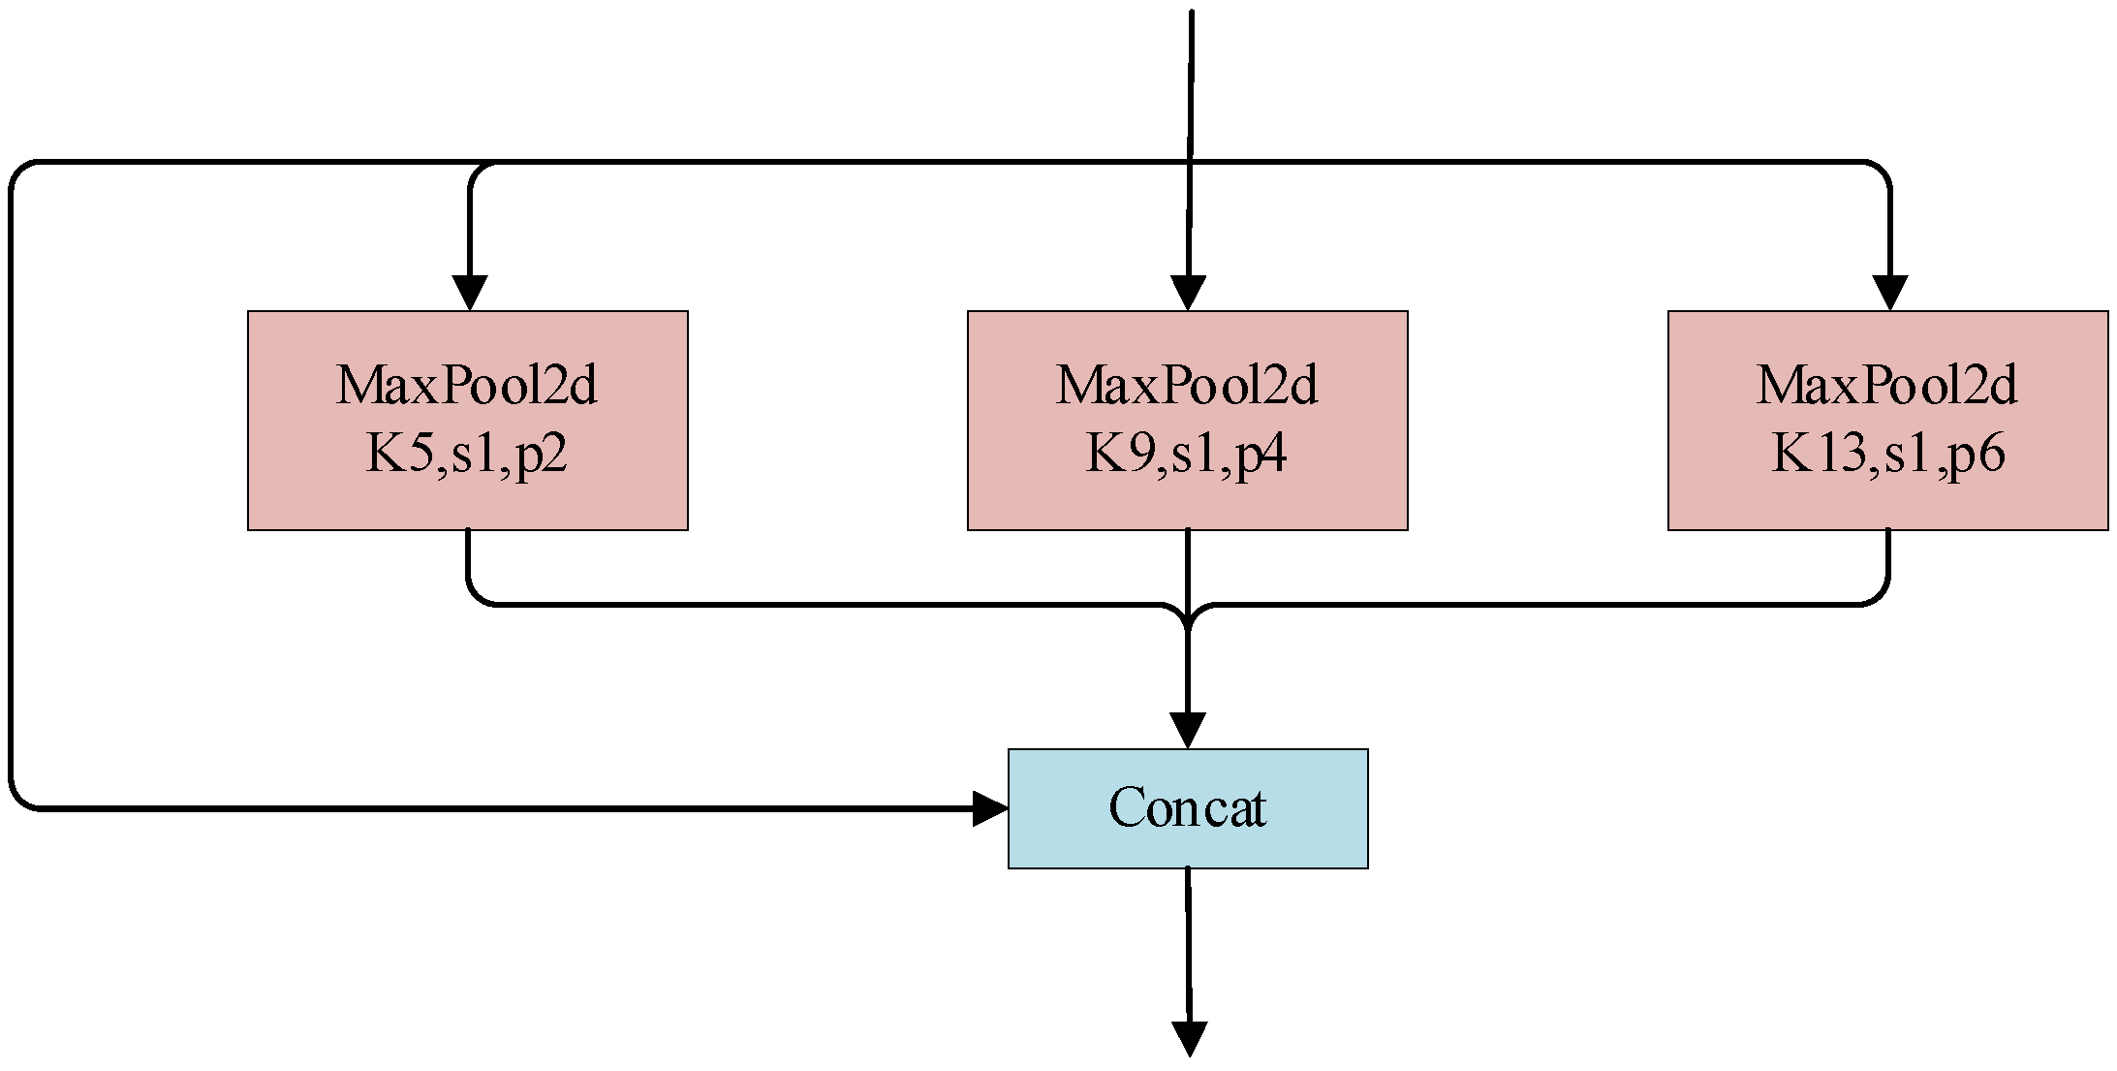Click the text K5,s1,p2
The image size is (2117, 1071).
point(466,454)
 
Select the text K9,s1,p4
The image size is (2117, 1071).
point(1186,454)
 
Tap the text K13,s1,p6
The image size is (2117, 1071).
point(1887,454)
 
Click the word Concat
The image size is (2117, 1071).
point(1187,808)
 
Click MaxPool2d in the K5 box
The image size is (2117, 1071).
point(466,386)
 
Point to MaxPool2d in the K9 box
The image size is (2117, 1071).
point(1186,386)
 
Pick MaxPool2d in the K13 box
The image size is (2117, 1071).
point(1887,386)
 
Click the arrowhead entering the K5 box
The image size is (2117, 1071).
point(470,294)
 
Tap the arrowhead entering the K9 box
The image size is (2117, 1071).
point(1189,294)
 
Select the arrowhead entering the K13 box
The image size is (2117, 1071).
point(1890,294)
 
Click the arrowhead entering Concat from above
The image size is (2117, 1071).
point(1188,731)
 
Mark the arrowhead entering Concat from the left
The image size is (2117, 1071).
point(990,808)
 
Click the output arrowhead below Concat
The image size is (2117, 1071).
point(1190,1039)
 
